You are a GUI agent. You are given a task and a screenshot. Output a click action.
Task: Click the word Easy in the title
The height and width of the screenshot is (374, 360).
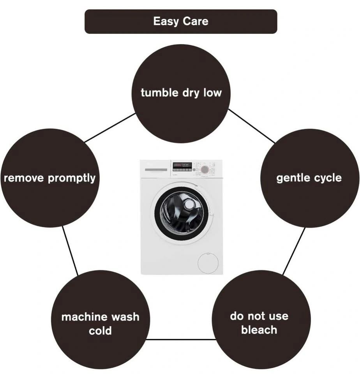click(165, 21)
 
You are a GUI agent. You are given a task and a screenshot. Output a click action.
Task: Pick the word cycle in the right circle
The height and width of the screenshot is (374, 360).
click(327, 178)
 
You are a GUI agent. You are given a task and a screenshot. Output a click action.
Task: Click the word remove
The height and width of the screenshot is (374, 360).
click(24, 178)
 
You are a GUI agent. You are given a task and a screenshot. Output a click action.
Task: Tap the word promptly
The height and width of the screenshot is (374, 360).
click(72, 178)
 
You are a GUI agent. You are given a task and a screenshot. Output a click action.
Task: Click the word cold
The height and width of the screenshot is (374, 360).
click(100, 331)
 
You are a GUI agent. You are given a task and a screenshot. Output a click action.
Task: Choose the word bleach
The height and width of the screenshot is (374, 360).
click(259, 330)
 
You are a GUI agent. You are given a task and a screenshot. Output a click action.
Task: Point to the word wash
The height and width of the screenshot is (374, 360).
click(124, 317)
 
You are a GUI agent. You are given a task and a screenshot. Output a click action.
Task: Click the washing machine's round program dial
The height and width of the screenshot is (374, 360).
click(205, 169)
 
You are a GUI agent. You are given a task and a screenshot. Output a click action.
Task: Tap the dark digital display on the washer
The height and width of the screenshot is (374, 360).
click(182, 165)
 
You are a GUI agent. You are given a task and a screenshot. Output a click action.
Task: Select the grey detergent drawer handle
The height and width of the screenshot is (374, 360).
click(156, 169)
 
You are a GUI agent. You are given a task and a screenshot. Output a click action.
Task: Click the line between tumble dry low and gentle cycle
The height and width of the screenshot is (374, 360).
click(251, 125)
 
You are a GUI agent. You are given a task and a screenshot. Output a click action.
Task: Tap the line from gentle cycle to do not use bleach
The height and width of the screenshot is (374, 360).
click(294, 251)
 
